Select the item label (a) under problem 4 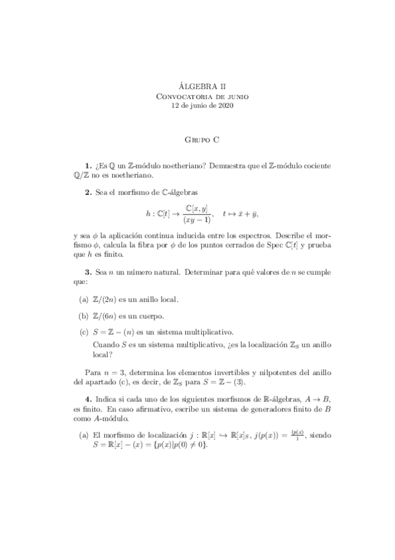(84, 435)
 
